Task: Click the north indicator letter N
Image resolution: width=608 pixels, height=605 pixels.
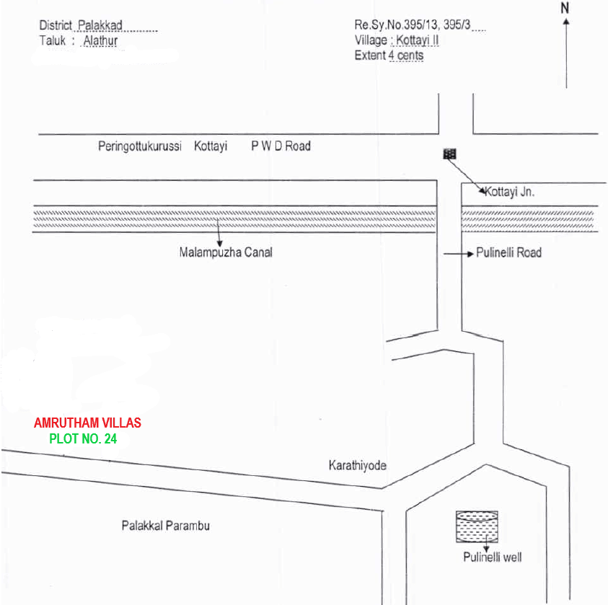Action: tap(565, 8)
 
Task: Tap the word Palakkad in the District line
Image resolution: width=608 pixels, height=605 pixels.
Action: tap(100, 25)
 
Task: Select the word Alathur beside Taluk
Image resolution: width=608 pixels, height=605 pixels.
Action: tap(100, 40)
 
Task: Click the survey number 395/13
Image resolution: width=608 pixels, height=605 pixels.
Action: tap(420, 25)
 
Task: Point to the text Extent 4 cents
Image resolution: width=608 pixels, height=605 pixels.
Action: tap(389, 56)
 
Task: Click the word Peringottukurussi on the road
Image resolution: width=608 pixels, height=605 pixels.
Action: tap(140, 146)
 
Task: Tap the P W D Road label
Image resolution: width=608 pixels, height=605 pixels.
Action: tap(281, 146)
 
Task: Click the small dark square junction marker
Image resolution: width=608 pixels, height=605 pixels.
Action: tap(449, 154)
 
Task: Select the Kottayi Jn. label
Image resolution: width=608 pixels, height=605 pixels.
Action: tap(509, 192)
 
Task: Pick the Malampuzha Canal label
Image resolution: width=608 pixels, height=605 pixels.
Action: tap(226, 252)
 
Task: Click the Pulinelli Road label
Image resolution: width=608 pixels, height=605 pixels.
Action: tap(508, 252)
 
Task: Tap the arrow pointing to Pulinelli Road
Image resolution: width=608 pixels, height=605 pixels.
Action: tap(459, 254)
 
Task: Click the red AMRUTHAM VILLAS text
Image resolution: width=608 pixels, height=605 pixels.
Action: tap(88, 423)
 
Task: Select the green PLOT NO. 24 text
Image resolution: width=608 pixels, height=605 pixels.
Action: tap(83, 438)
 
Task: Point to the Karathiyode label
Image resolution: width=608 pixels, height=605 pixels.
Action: tap(358, 465)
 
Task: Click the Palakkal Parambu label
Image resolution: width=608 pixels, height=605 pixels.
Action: tap(166, 526)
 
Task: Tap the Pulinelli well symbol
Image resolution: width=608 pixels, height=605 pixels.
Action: tap(477, 526)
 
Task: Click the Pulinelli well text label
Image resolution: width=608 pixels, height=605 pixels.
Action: tap(493, 557)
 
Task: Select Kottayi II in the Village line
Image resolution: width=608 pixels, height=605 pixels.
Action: tap(417, 40)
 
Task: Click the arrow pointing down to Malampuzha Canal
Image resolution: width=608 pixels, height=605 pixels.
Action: tap(219, 232)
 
